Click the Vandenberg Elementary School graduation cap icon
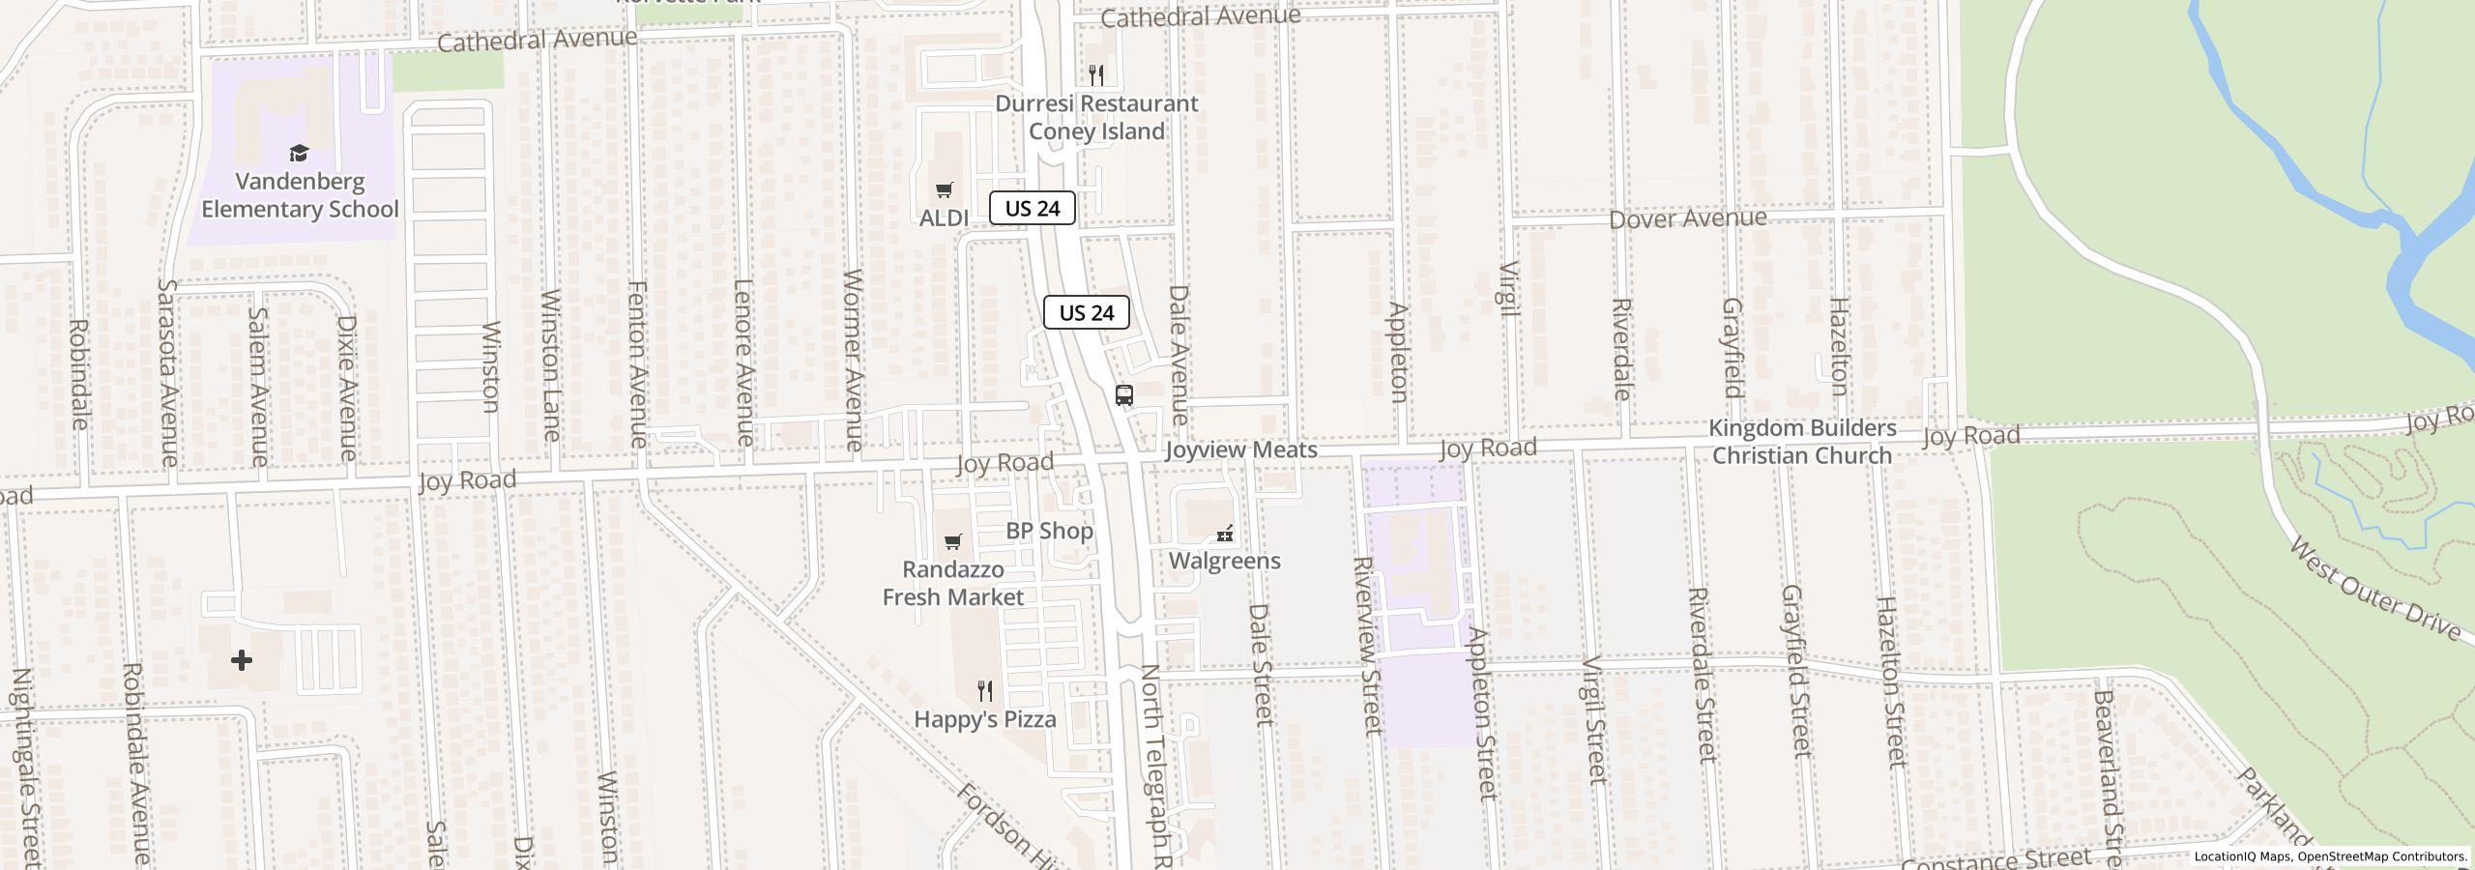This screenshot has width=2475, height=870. click(x=300, y=154)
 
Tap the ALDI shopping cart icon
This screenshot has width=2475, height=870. click(x=945, y=190)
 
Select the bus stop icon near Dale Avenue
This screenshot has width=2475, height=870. click(x=1123, y=395)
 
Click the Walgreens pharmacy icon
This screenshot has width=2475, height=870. click(x=1225, y=534)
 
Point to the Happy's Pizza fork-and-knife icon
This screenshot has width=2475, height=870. click(x=985, y=691)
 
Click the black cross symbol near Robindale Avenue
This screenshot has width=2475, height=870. click(x=242, y=660)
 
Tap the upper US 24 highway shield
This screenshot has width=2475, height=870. click(x=1032, y=208)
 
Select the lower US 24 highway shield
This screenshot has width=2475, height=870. click(x=1086, y=312)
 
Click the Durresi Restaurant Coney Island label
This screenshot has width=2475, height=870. click(x=1096, y=117)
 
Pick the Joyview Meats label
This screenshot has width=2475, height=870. click(x=1240, y=449)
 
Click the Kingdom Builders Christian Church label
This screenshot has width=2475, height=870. click(x=1801, y=442)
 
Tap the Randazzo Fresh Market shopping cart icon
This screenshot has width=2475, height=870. click(x=953, y=541)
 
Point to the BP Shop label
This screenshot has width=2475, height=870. click(x=1049, y=531)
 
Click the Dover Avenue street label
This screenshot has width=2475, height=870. click(x=1687, y=218)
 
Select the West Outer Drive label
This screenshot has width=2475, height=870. click(x=2373, y=590)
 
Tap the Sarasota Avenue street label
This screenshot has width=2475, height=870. click(x=168, y=372)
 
